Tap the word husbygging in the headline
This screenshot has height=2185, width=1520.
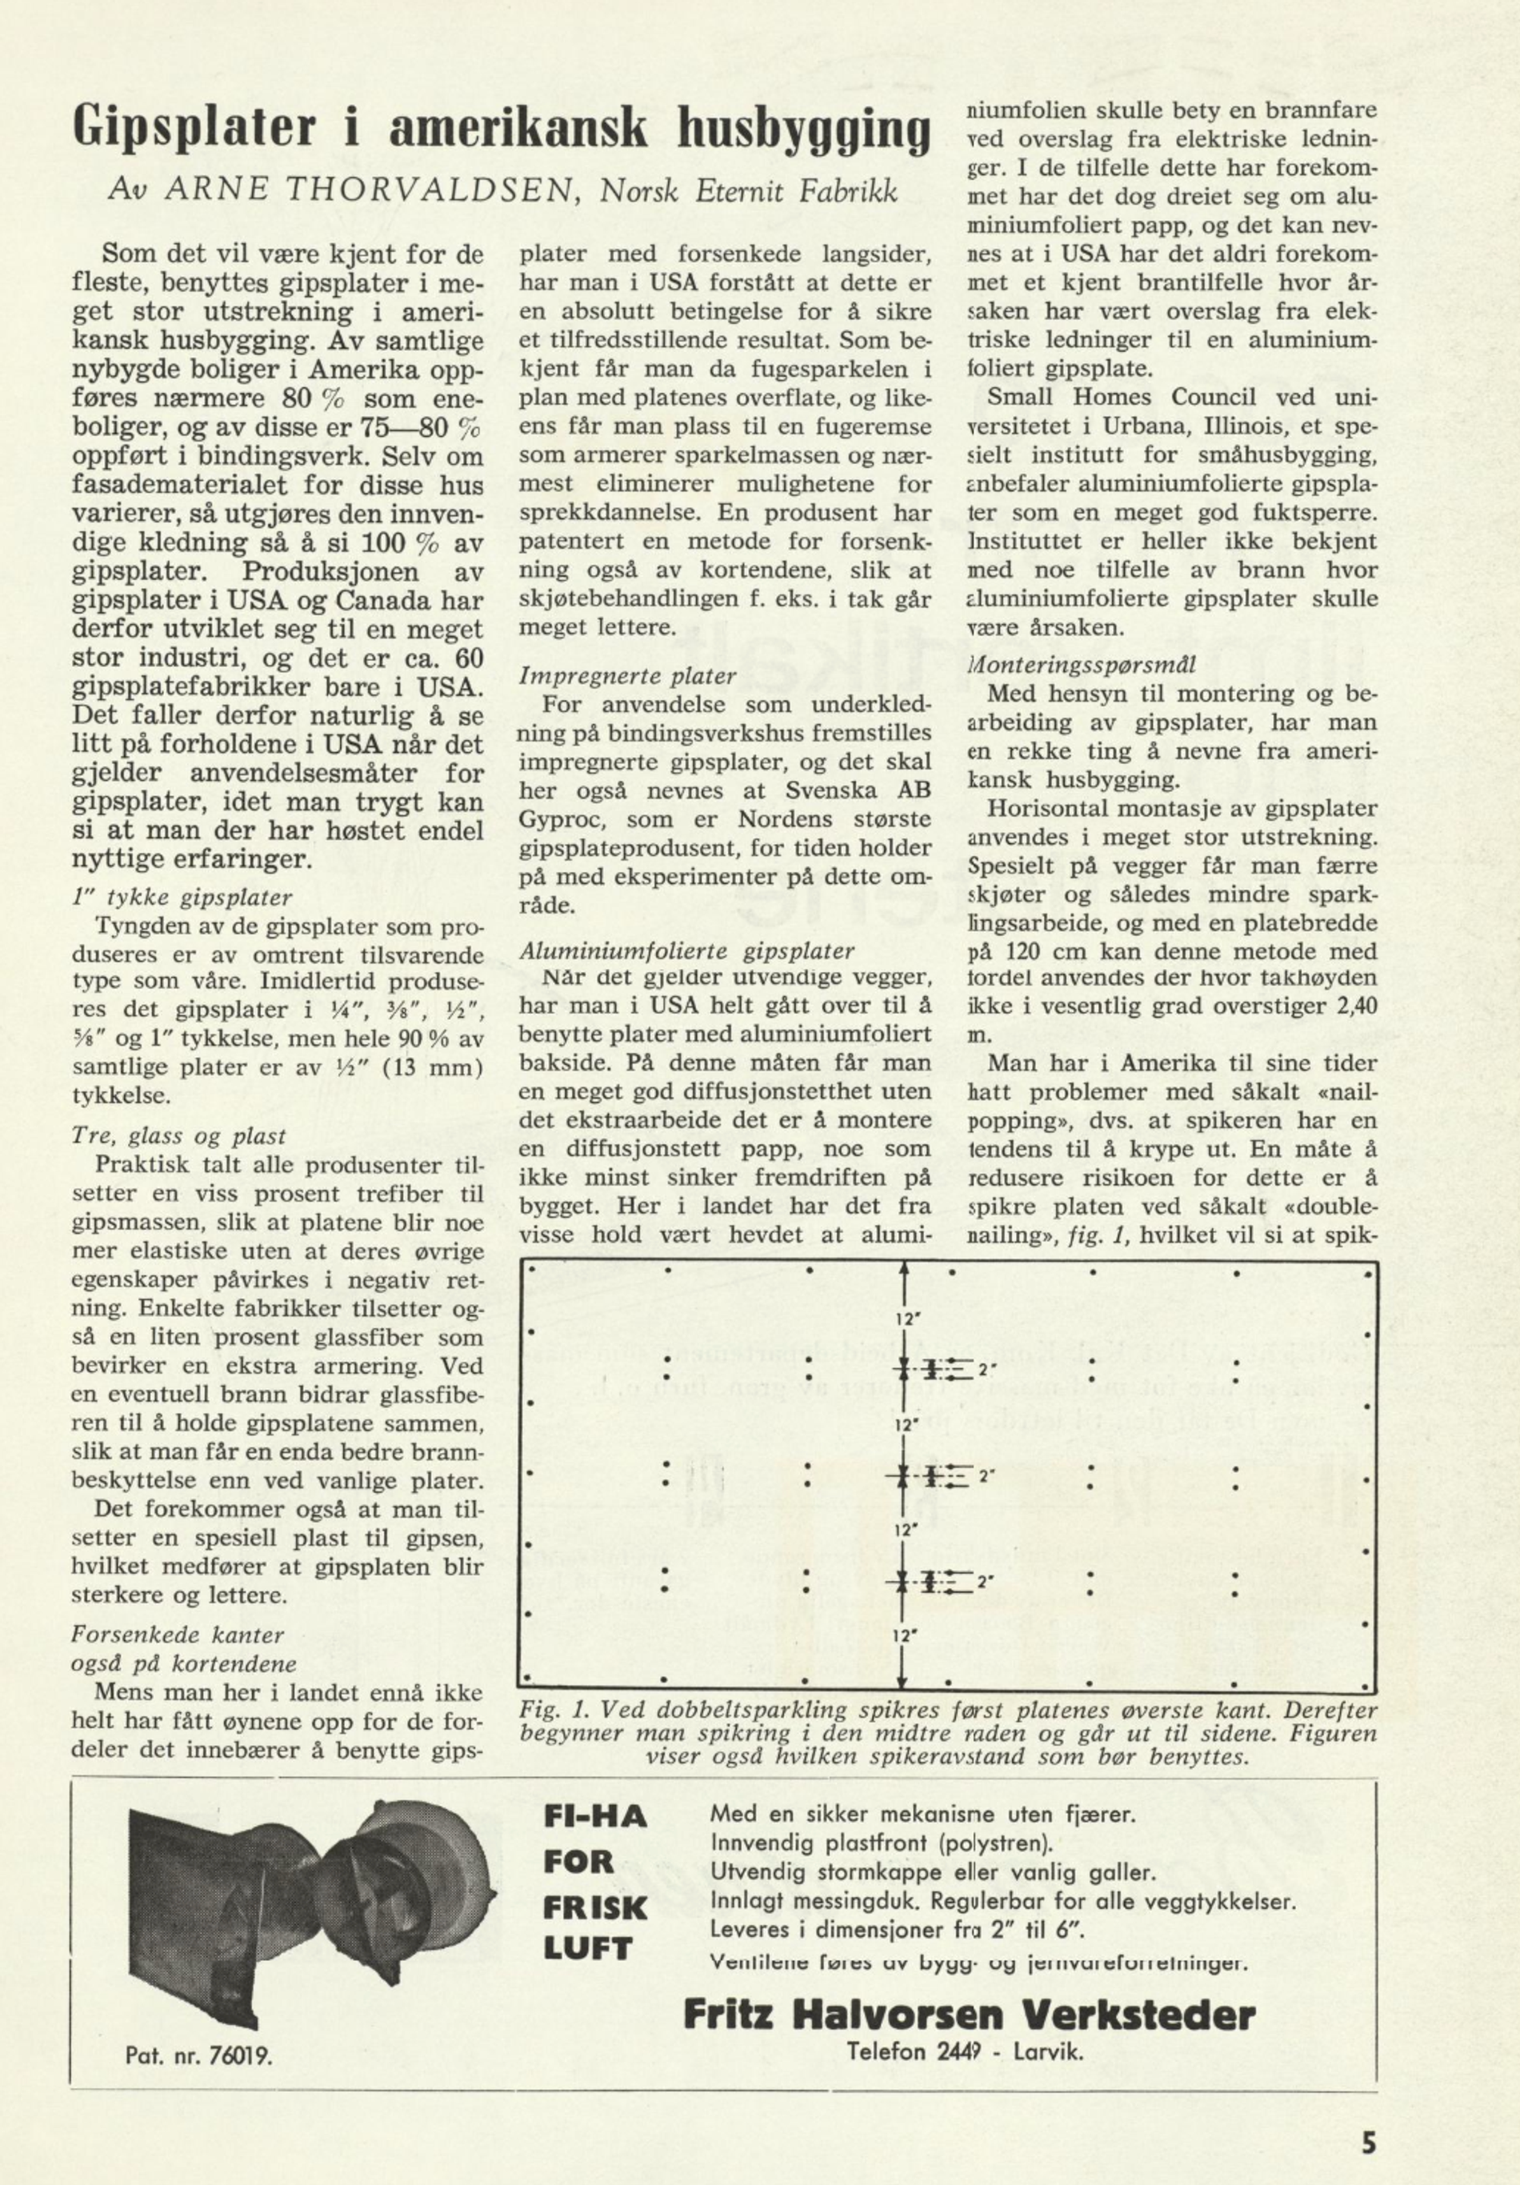(802, 131)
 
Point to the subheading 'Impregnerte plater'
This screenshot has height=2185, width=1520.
(627, 677)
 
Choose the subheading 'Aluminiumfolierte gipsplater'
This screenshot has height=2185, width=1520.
(686, 950)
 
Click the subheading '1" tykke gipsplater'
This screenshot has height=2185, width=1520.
(182, 898)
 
